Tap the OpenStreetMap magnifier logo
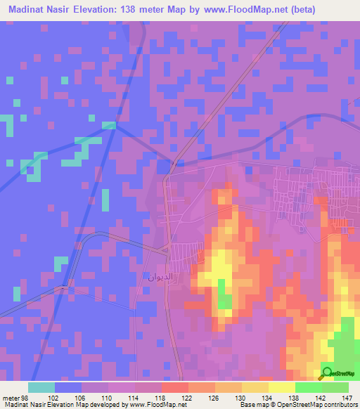point(326,373)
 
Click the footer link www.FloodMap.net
point(152,405)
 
